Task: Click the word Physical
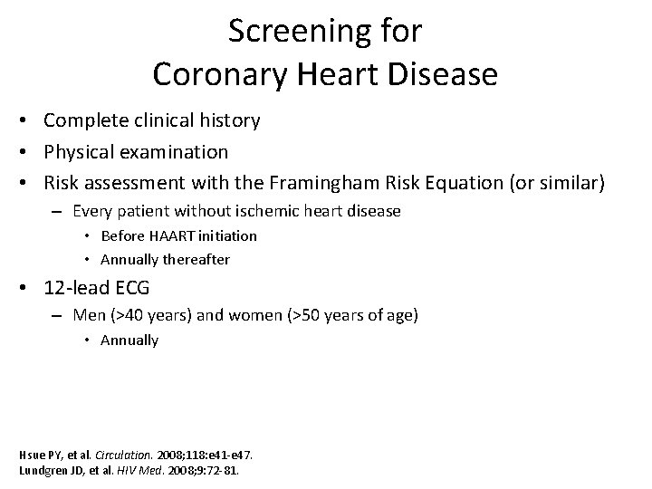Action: pos(79,150)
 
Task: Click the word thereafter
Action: pos(197,259)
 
